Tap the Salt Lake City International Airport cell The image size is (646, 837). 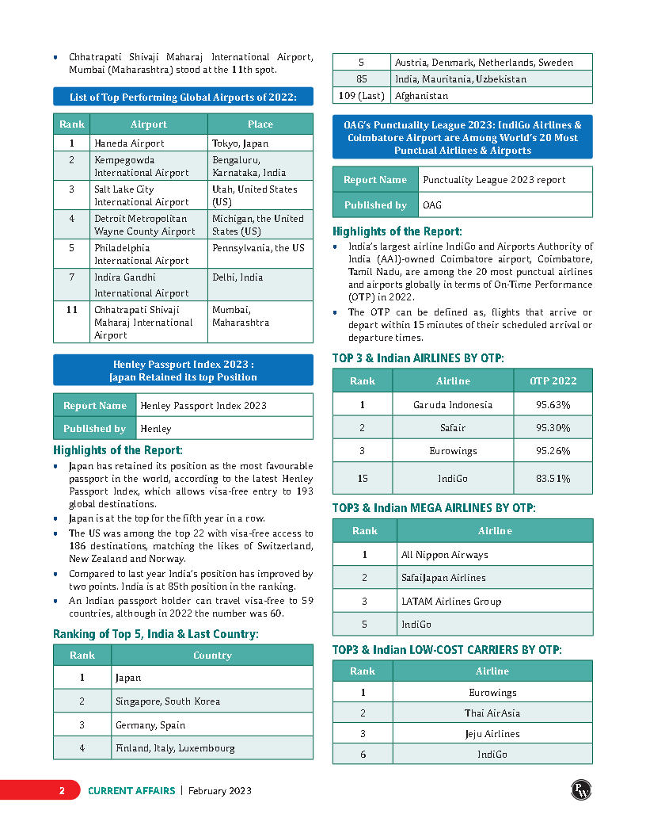coord(149,196)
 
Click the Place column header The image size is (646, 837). coord(260,124)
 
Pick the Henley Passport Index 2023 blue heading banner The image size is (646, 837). coord(183,370)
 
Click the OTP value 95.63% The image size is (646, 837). coord(553,405)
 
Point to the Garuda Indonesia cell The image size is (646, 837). coord(453,405)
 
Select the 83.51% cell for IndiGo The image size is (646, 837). coord(553,479)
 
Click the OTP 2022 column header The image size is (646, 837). coord(553,381)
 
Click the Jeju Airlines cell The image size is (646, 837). coord(492,734)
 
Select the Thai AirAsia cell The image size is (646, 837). coord(492,713)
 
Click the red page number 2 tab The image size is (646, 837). coord(61,790)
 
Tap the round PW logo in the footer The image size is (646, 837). coord(582,789)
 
